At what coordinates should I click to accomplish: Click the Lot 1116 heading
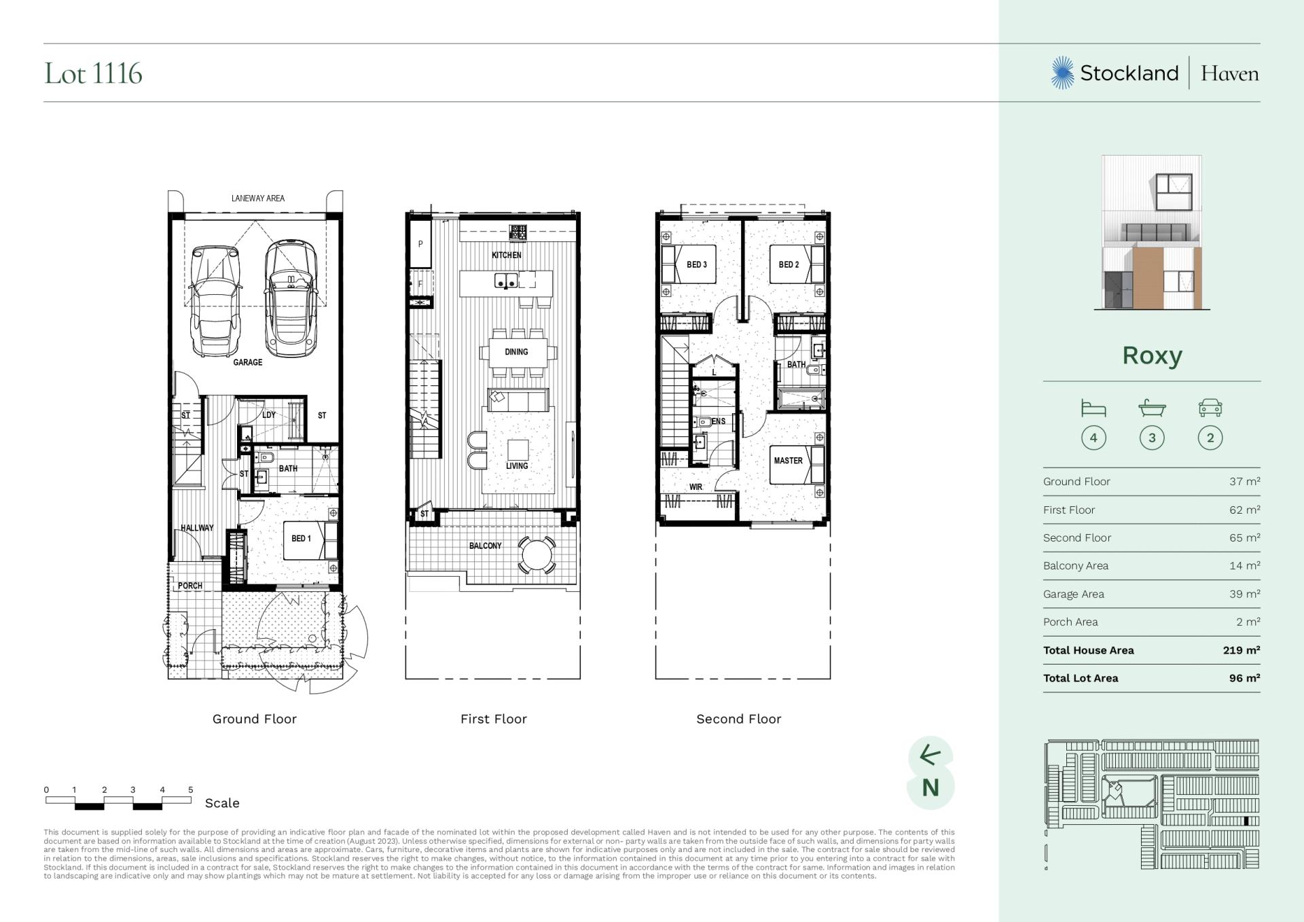tap(93, 73)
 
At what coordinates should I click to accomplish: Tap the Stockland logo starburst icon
tap(1063, 73)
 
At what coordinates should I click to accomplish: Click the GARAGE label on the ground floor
tap(248, 362)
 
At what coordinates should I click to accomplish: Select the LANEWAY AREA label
tap(258, 198)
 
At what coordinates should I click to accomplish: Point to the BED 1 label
tap(301, 538)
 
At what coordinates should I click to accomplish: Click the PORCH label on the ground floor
tap(190, 586)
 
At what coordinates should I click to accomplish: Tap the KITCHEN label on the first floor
tap(507, 255)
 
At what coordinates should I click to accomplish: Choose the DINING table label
tap(516, 352)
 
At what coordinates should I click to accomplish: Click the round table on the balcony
tap(537, 556)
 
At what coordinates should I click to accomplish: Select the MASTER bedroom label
tap(788, 461)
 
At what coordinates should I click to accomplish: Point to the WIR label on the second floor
tap(695, 487)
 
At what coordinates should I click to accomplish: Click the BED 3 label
tap(697, 264)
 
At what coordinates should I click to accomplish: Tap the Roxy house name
tap(1152, 355)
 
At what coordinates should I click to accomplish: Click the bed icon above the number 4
tap(1093, 408)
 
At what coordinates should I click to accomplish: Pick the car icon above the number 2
tap(1210, 408)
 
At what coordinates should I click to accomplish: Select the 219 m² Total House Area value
tap(1242, 650)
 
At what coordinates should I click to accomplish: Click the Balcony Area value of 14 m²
tap(1245, 565)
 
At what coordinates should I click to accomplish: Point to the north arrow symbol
tap(930, 755)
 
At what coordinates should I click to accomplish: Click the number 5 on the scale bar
tap(191, 790)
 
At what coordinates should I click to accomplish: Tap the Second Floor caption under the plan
tap(739, 719)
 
